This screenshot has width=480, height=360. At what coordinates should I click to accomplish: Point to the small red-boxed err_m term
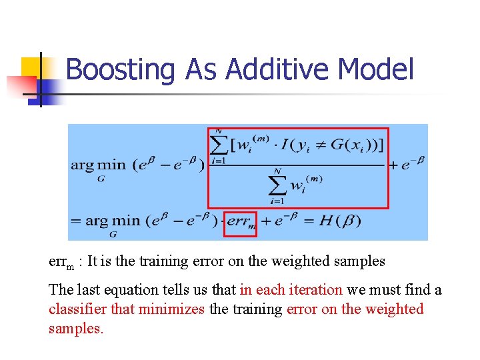click(x=240, y=222)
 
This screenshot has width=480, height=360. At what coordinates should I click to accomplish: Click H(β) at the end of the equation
click(x=340, y=221)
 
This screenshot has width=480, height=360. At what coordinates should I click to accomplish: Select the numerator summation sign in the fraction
click(x=218, y=142)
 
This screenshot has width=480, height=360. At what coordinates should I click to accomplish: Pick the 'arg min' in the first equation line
click(x=99, y=165)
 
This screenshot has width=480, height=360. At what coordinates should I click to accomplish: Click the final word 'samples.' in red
click(x=75, y=329)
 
